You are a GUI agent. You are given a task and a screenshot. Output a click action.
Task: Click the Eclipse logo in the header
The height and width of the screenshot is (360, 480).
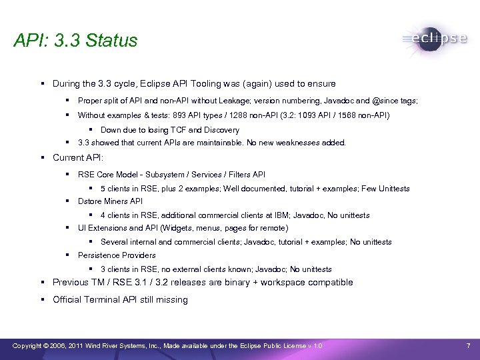click(x=435, y=39)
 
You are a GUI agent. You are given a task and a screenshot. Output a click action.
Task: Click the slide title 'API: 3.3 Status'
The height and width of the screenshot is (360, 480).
click(x=75, y=41)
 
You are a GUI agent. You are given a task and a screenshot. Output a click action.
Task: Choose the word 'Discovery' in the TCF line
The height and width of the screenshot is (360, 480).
click(x=221, y=130)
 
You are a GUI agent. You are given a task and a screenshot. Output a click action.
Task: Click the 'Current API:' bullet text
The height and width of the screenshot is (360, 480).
click(x=78, y=158)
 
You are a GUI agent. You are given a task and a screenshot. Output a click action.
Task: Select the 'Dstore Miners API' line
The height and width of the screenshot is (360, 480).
click(x=110, y=201)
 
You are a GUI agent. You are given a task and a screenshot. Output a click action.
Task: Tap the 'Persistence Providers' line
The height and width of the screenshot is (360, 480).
click(x=117, y=255)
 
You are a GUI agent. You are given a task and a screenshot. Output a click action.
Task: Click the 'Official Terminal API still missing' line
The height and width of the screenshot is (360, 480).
click(x=120, y=300)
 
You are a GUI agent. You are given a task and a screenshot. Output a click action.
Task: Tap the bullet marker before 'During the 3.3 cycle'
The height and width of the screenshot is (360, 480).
click(x=42, y=84)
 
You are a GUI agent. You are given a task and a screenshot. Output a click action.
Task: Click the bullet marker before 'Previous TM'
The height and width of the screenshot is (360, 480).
click(x=42, y=283)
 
